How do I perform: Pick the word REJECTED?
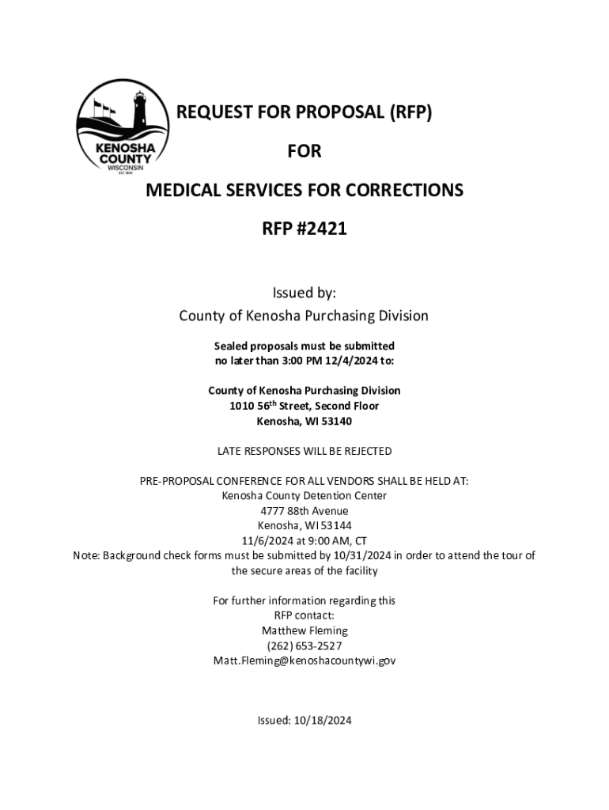click(363, 451)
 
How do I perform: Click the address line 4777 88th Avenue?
click(304, 511)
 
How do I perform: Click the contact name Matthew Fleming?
click(304, 631)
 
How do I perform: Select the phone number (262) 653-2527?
click(304, 645)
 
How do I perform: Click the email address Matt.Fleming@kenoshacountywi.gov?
click(304, 660)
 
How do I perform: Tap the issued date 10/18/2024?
click(323, 721)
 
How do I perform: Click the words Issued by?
click(304, 293)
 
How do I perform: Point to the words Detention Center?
click(347, 496)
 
